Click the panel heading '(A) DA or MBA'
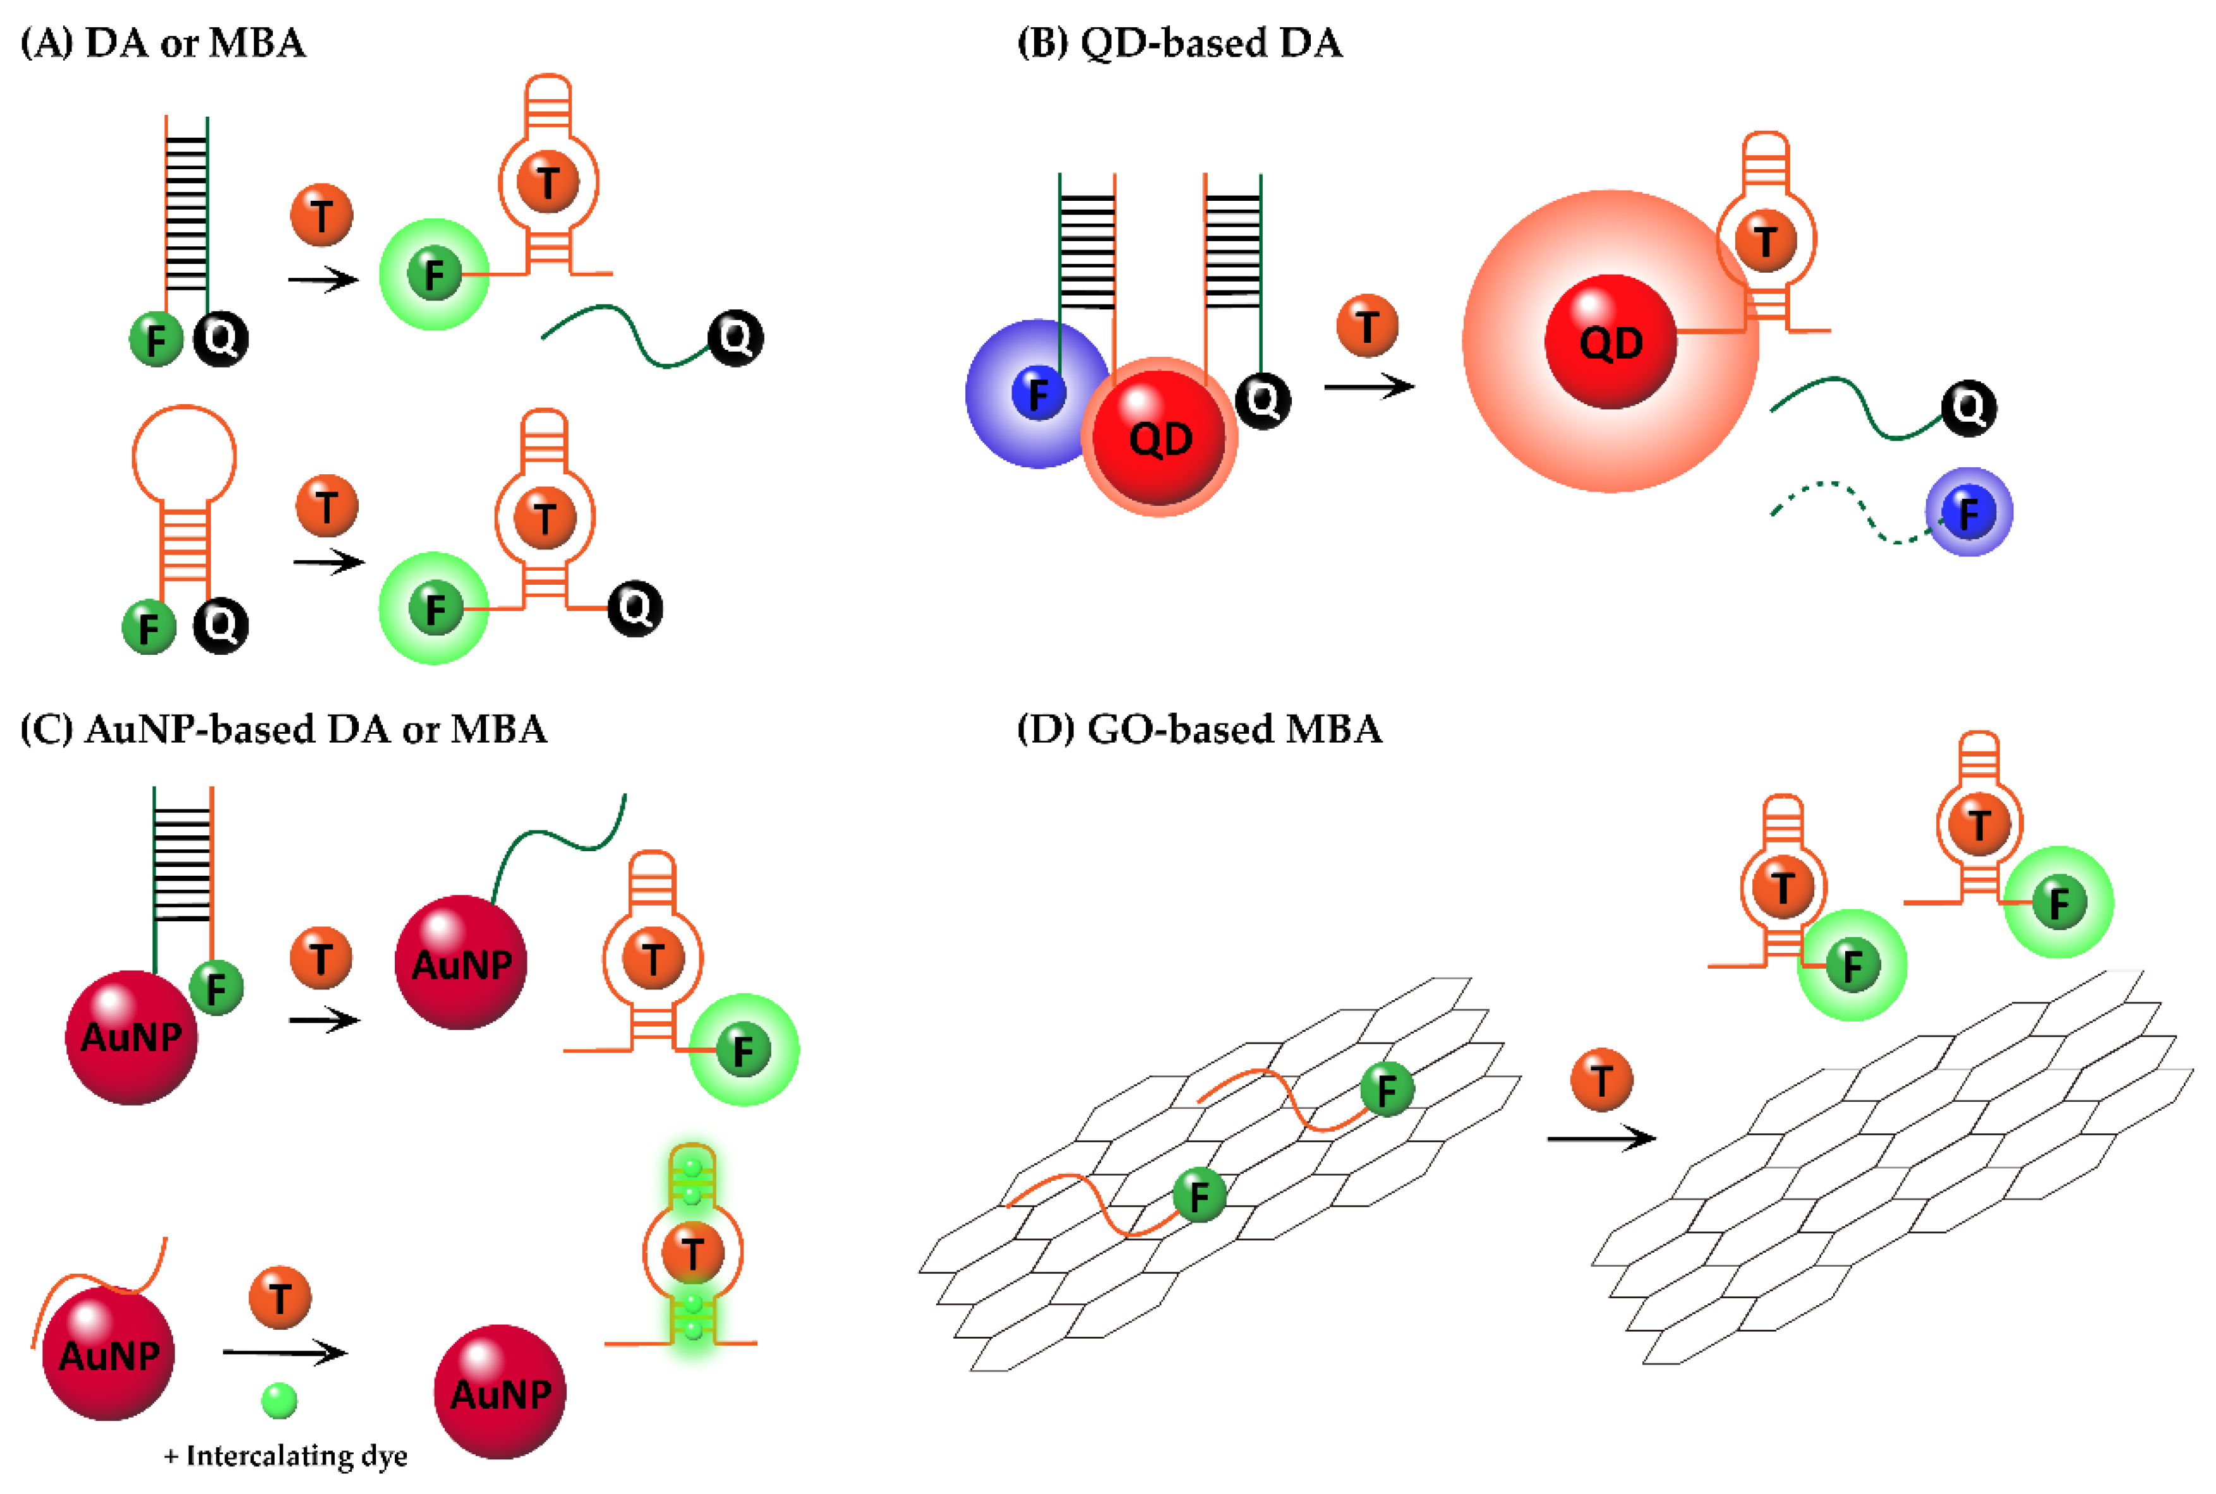[163, 43]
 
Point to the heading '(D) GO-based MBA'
[1198, 729]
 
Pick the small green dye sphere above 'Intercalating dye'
[279, 1401]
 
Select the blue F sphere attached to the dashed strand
[1968, 513]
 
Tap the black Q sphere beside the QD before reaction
[1262, 400]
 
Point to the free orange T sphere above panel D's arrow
[1601, 1080]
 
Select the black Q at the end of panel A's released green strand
[735, 337]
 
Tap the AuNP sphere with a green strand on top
[461, 962]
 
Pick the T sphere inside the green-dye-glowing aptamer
[692, 1252]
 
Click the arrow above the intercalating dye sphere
[284, 1351]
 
